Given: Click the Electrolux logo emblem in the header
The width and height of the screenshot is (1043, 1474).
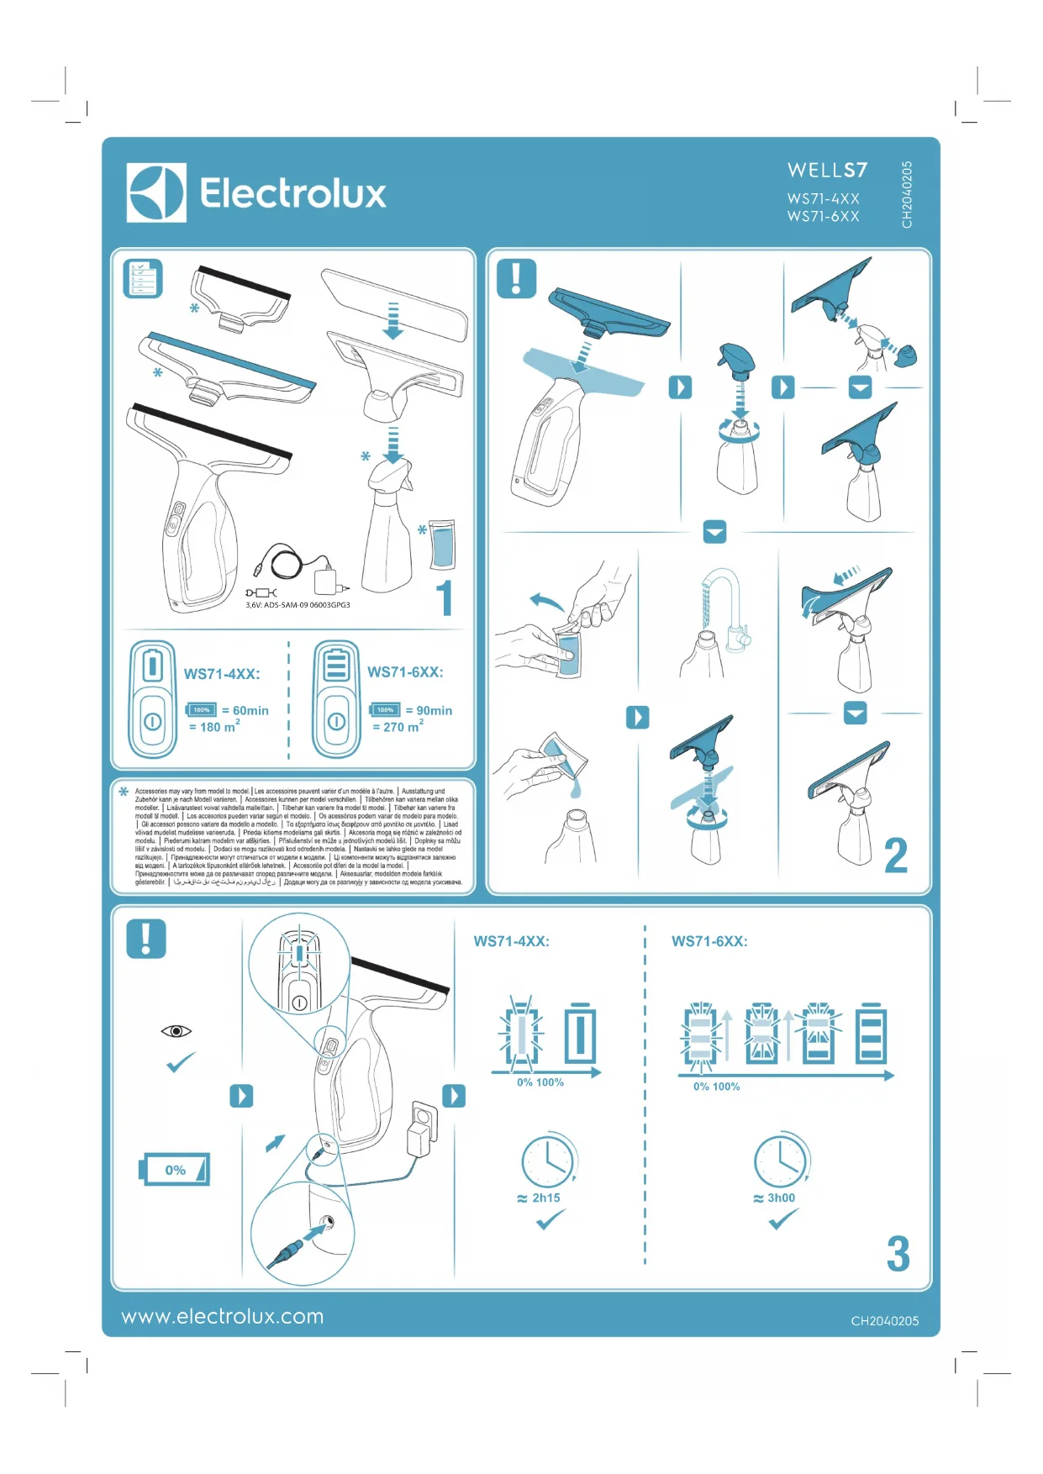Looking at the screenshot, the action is click(x=156, y=193).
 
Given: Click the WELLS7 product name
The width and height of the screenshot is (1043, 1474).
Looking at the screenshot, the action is click(x=827, y=171).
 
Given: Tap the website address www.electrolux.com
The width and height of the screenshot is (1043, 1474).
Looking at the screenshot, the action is click(x=223, y=1316).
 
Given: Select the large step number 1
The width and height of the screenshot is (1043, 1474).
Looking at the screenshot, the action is click(x=445, y=597).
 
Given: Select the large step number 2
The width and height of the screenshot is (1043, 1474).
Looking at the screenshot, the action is click(x=896, y=855).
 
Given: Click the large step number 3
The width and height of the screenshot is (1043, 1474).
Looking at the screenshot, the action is click(x=898, y=1254).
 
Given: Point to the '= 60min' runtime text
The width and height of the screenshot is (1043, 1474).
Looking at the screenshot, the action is click(x=245, y=710).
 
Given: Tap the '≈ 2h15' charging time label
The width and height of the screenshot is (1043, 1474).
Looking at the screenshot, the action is click(x=539, y=1198).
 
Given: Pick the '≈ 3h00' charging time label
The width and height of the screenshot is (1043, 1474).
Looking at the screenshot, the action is click(x=774, y=1198).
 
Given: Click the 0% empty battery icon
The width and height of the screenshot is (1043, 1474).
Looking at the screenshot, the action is click(x=174, y=1169).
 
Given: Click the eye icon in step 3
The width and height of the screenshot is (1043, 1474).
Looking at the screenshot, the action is click(x=176, y=1031).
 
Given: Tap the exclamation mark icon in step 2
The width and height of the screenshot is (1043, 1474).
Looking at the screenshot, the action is click(x=516, y=278).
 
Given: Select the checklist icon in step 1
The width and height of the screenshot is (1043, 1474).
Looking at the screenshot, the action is click(x=143, y=278).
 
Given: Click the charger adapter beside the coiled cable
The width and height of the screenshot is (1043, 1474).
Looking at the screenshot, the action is click(x=325, y=577).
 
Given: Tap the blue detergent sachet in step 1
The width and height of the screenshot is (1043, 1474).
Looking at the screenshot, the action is click(x=442, y=545).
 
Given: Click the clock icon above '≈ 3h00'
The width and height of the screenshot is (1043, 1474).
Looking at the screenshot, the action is click(x=781, y=1161).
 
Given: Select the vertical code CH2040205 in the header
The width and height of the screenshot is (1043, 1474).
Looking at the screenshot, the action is click(x=907, y=194).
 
